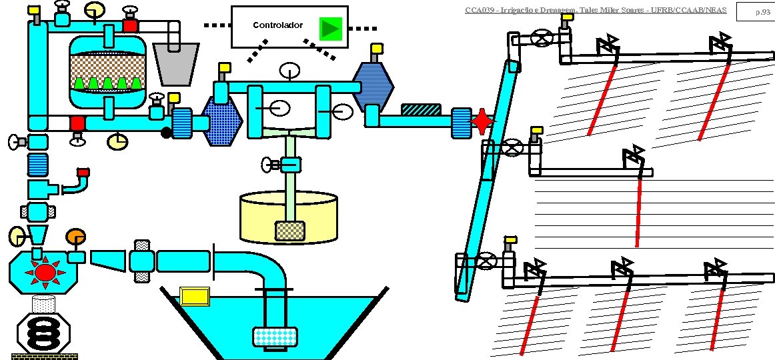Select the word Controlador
(x=277, y=25)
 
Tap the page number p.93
(x=760, y=11)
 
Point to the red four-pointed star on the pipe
(x=482, y=122)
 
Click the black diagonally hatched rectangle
(x=421, y=109)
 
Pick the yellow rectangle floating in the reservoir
(x=195, y=295)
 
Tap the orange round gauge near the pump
(x=75, y=236)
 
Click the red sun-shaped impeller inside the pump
(x=45, y=272)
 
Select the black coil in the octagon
(x=43, y=332)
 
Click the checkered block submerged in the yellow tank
(x=290, y=231)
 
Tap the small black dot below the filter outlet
(x=166, y=133)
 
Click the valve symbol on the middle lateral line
(x=512, y=147)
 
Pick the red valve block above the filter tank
(x=130, y=26)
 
